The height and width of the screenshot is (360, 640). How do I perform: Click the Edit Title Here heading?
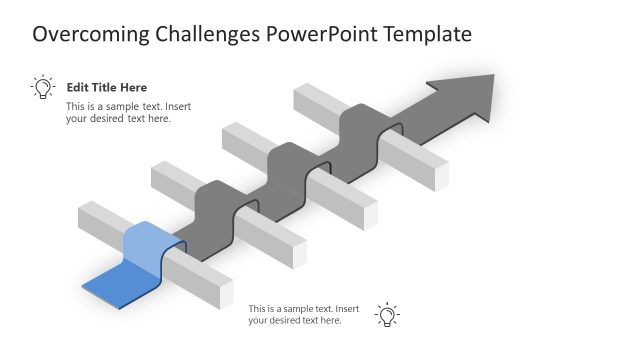click(x=106, y=88)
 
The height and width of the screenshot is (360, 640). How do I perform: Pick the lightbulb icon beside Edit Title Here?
click(x=42, y=87)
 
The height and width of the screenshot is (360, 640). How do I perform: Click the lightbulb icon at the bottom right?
click(x=386, y=315)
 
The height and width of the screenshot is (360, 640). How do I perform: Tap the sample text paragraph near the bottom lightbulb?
click(x=303, y=315)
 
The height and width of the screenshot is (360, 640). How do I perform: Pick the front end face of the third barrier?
click(x=369, y=212)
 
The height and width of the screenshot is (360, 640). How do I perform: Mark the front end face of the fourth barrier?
click(x=440, y=174)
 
